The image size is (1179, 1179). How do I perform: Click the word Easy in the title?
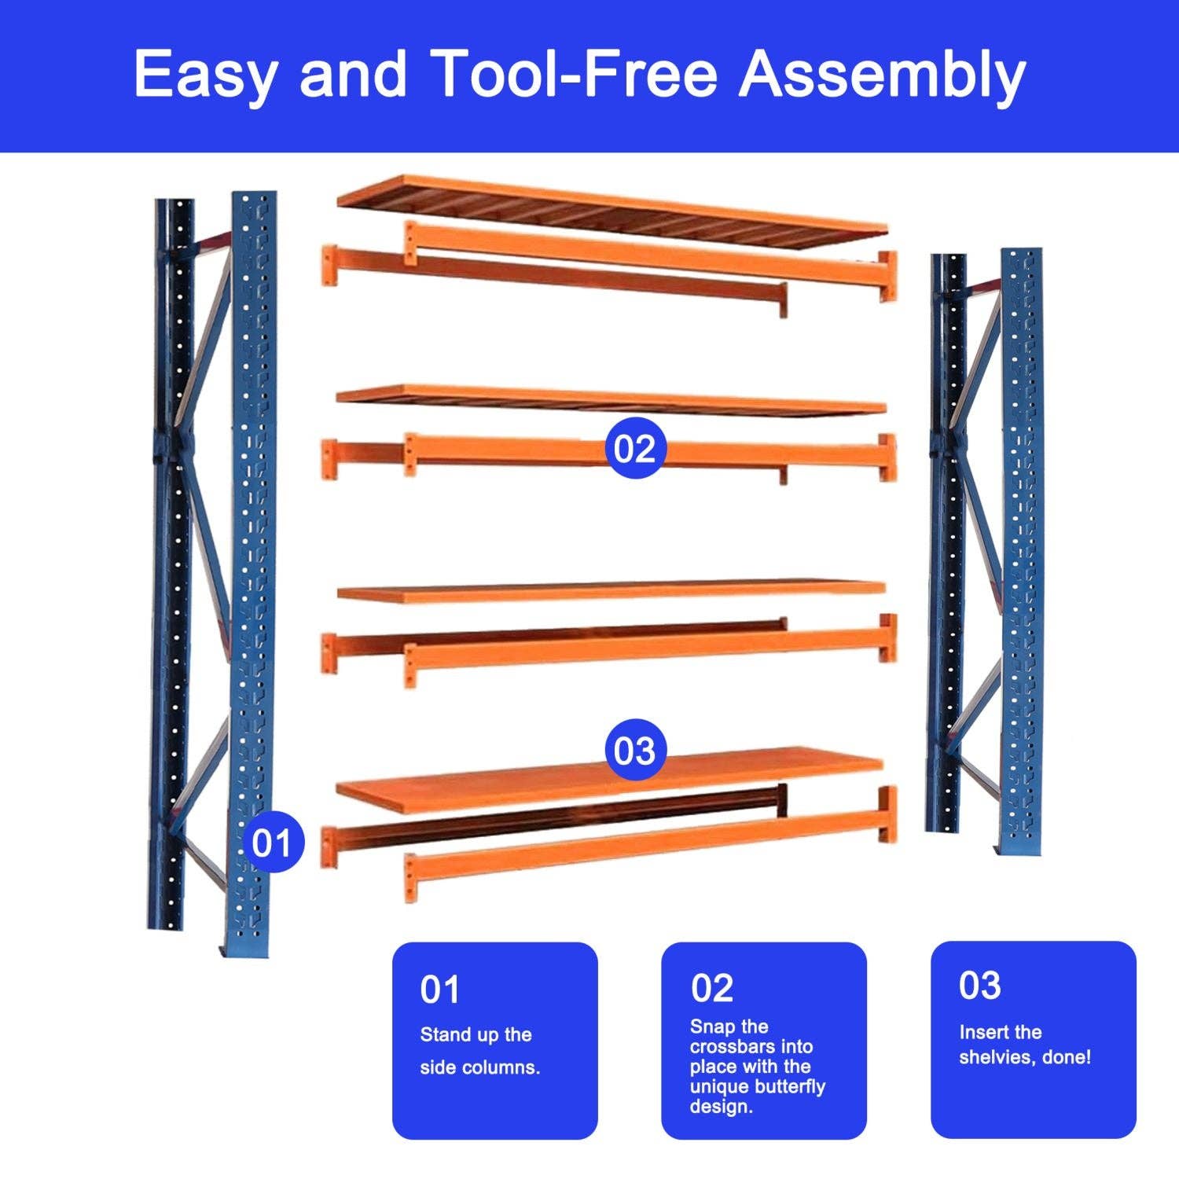[x=205, y=75]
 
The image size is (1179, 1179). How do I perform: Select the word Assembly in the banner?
[x=881, y=75]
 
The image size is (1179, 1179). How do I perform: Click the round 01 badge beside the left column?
[x=272, y=843]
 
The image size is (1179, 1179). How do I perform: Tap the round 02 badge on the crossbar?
[x=634, y=449]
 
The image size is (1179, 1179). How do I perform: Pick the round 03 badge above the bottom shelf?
[x=634, y=751]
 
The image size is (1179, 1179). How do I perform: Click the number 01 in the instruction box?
[x=439, y=990]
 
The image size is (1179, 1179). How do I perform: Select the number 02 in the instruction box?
[x=711, y=988]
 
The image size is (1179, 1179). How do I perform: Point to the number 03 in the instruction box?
[x=979, y=986]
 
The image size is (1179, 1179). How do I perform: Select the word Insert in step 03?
[x=978, y=1032]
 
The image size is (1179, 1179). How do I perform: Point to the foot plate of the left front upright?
[x=245, y=950]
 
